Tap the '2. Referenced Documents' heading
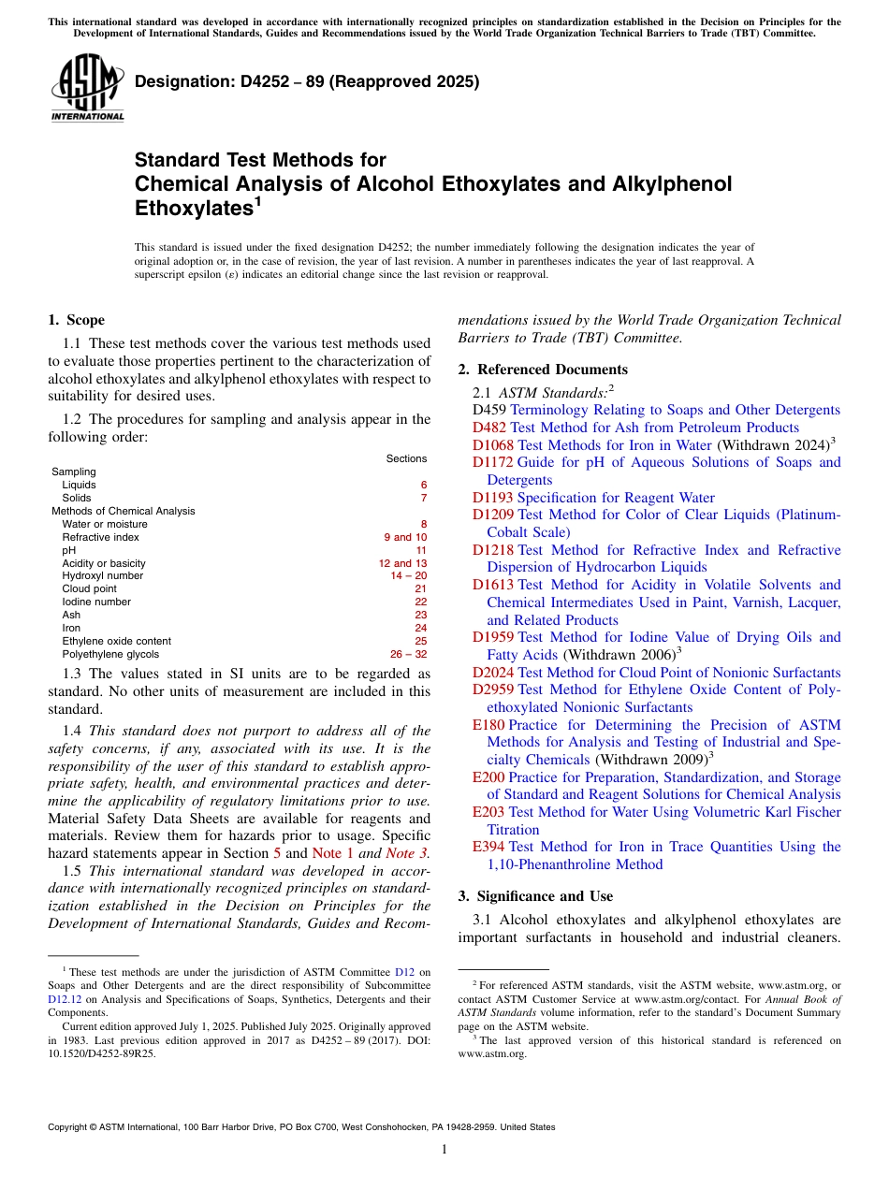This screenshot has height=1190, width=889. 543,370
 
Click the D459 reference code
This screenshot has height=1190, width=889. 489,410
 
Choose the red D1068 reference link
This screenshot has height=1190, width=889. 492,445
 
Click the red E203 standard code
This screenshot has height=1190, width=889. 488,812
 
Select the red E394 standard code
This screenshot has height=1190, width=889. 488,847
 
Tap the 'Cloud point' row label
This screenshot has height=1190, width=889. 89,589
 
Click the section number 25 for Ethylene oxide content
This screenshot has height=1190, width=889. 420,642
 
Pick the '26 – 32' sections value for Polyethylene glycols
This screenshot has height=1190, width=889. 408,655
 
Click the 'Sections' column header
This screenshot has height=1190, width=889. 406,458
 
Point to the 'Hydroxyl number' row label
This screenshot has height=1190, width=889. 102,576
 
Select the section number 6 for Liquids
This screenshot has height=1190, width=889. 423,485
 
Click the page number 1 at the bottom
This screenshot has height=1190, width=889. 444,1150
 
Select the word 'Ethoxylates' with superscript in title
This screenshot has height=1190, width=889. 191,208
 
